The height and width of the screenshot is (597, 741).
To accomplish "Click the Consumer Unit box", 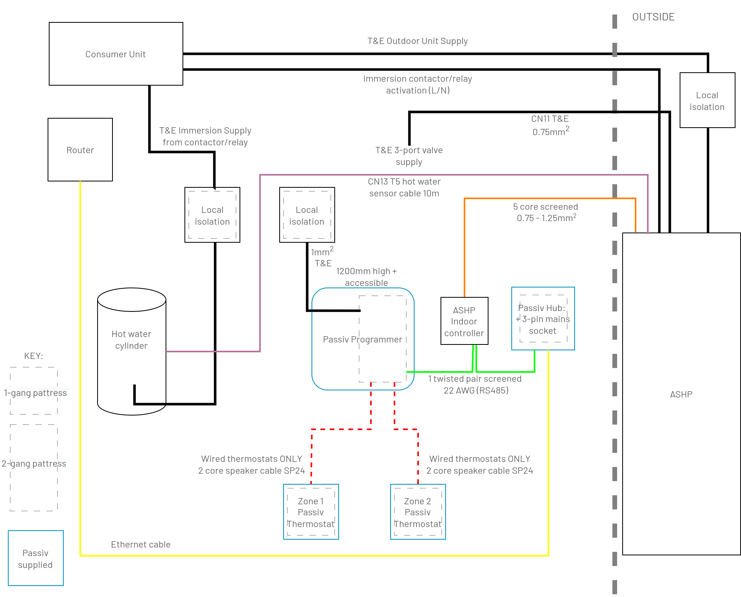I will coord(116,54).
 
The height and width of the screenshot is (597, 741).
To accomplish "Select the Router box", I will coord(80,150).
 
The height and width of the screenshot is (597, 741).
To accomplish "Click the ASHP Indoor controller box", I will coord(464,321).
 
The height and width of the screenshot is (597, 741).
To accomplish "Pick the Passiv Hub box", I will coord(543,319).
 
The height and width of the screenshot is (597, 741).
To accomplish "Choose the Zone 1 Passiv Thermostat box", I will coord(311,512).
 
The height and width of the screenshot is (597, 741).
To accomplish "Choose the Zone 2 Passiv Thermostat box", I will coord(418,512).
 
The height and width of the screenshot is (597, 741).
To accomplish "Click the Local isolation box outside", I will coord(707,100).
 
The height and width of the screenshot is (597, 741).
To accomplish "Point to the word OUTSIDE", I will coord(653,17).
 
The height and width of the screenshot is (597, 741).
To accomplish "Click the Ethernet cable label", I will coord(140,544).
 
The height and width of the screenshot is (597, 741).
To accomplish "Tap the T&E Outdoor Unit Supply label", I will coord(417,41).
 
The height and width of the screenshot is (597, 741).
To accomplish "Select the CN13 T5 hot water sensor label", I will coord(404,187).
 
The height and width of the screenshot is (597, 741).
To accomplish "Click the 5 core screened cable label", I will coord(546,212).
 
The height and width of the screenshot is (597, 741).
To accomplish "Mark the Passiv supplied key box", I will coord(35,558).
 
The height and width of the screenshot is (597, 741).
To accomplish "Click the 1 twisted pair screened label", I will coord(475,384).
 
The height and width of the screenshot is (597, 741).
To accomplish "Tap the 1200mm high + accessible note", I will coord(366,277).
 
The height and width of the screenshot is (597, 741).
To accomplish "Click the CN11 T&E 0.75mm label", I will coord(550,125).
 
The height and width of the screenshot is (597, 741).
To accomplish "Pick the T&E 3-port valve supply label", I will coord(409,156).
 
